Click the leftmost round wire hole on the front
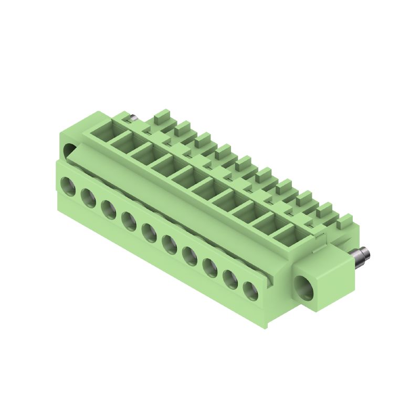(x=68, y=185)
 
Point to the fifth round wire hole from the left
(x=149, y=232)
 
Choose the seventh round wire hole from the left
(x=190, y=255)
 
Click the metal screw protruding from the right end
(x=361, y=257)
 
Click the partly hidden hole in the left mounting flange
(x=69, y=152)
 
